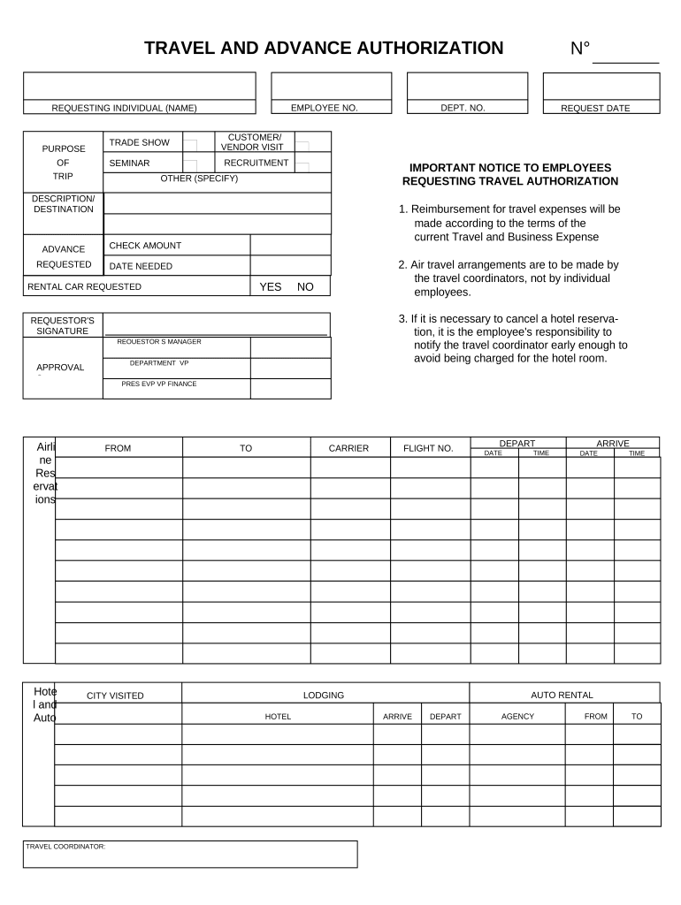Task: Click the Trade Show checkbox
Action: pos(190,144)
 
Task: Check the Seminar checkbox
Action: pos(190,164)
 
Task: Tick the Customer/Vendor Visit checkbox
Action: pos(302,147)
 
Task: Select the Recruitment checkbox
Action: pos(302,165)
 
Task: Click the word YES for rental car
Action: pos(270,287)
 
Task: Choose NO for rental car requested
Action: pos(305,287)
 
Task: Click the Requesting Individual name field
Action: pos(139,87)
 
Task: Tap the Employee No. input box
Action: pos(331,87)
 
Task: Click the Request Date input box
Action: pos(601,87)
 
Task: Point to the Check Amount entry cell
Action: pos(290,245)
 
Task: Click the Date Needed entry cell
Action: pos(290,266)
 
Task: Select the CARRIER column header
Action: pos(348,448)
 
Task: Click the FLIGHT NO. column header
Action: pos(428,448)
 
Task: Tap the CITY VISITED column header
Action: pos(115,696)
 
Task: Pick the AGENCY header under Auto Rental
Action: pos(517,717)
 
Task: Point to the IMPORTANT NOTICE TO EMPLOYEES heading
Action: pos(510,167)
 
